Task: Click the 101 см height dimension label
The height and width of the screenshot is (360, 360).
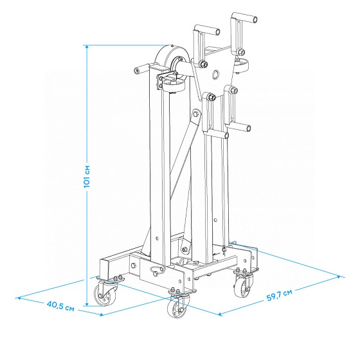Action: (87, 176)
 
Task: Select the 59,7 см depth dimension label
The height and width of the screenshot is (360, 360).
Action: (280, 295)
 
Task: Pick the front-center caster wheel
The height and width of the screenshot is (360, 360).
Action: (178, 306)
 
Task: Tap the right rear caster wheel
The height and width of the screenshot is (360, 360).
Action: (243, 285)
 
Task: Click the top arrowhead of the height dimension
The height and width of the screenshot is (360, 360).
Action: (87, 46)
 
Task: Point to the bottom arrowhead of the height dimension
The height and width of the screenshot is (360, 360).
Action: (87, 304)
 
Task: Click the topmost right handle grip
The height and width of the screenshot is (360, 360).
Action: (244, 18)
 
